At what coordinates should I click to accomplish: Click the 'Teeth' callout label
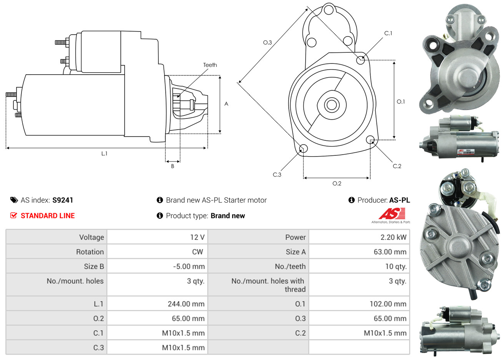pos(210,65)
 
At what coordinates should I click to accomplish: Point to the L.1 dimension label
pos(104,153)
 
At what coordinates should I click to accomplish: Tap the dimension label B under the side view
pos(173,166)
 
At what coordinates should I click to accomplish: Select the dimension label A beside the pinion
pos(226,104)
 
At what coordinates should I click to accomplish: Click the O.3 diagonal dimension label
pos(267,42)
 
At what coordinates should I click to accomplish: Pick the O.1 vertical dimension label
pos(401,102)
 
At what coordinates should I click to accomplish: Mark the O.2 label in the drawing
pos(337,183)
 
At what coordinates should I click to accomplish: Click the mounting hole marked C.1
pos(361,60)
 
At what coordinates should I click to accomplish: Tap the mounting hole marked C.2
pos(370,139)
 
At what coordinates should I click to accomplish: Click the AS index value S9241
pos(63,200)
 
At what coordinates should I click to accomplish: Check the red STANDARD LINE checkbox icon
pos(14,215)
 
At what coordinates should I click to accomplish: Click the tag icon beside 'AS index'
pos(14,200)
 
